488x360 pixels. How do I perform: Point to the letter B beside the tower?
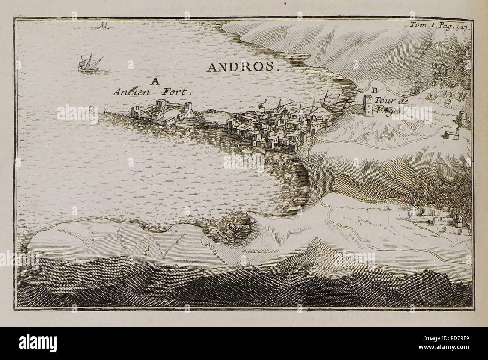(x=374, y=90)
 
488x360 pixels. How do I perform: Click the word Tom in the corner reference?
(x=417, y=26)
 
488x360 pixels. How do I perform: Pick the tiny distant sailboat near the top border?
(x=102, y=26)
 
